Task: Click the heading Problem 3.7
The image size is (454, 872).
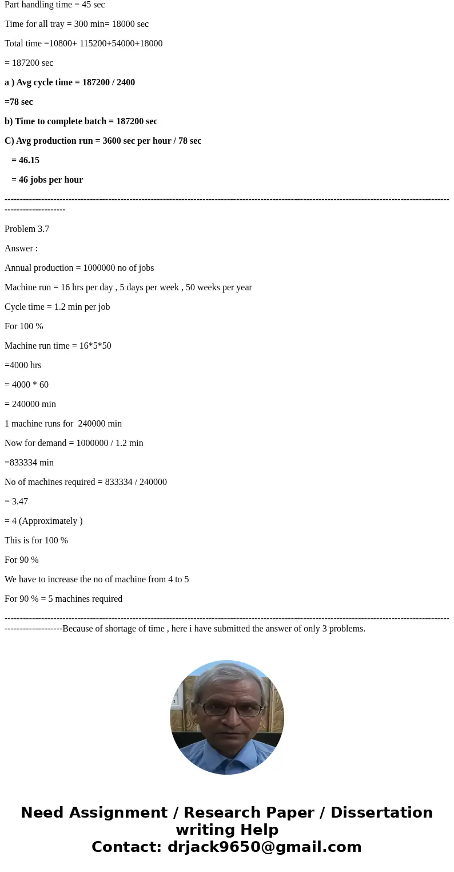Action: [27, 229]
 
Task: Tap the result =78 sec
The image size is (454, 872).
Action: [19, 102]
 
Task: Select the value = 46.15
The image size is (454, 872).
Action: [25, 160]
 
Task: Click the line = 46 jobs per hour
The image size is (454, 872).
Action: [47, 180]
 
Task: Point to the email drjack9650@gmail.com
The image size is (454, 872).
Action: [264, 847]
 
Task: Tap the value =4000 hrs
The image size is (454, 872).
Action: [23, 365]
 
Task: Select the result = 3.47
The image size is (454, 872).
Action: [16, 502]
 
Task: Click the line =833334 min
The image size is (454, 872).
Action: [29, 463]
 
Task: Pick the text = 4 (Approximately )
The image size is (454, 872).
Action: [43, 521]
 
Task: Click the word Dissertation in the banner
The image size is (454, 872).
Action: [381, 812]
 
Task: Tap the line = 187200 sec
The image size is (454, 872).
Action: [29, 63]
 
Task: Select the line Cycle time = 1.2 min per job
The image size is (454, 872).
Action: [57, 307]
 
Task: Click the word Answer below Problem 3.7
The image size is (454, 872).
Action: [19, 248]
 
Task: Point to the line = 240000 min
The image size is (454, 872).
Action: [30, 404]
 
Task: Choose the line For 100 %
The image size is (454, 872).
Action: [24, 326]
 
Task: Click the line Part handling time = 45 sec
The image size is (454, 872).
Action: [54, 5]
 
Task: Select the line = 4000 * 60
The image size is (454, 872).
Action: [26, 385]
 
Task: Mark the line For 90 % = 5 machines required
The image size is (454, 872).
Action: [63, 599]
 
